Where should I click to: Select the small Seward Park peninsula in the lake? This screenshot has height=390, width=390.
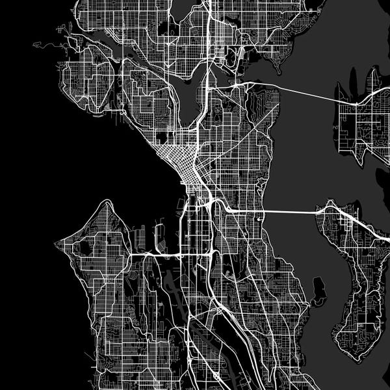(x=318, y=290)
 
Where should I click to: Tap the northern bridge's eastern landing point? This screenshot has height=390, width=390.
(x=356, y=103)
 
